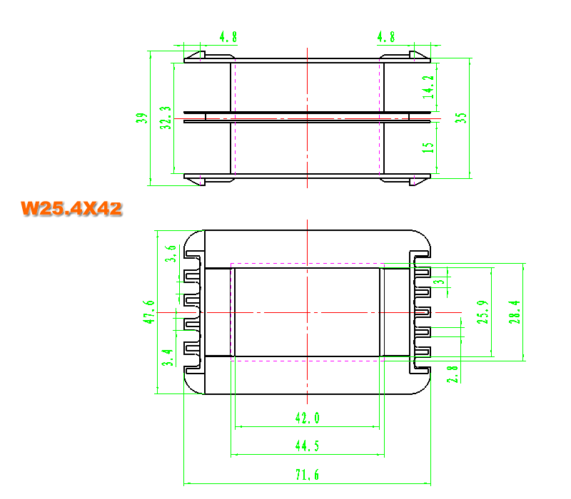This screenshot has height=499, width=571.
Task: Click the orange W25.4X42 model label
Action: click(71, 209)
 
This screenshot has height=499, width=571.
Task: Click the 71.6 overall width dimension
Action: click(307, 475)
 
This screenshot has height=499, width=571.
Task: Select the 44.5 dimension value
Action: click(307, 446)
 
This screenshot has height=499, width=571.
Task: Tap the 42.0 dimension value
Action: click(308, 418)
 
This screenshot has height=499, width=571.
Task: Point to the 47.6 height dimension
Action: click(148, 312)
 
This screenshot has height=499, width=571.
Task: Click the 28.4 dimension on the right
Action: click(515, 312)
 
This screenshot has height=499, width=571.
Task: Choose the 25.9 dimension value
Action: click(482, 312)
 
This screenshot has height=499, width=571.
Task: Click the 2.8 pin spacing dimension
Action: click(453, 374)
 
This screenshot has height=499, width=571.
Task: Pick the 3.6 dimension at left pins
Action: click(171, 254)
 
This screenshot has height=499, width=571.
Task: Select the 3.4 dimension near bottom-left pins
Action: click(167, 358)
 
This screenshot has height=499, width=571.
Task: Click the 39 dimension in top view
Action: click(141, 118)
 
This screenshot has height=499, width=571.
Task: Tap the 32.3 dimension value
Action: click(165, 118)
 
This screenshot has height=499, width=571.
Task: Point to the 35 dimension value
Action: click(460, 118)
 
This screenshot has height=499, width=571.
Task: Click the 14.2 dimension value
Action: click(428, 87)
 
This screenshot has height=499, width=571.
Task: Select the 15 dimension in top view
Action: click(428, 148)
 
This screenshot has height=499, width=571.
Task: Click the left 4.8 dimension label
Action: click(228, 37)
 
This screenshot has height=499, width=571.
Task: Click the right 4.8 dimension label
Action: click(386, 37)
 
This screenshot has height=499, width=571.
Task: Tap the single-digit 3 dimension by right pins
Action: click(440, 282)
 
